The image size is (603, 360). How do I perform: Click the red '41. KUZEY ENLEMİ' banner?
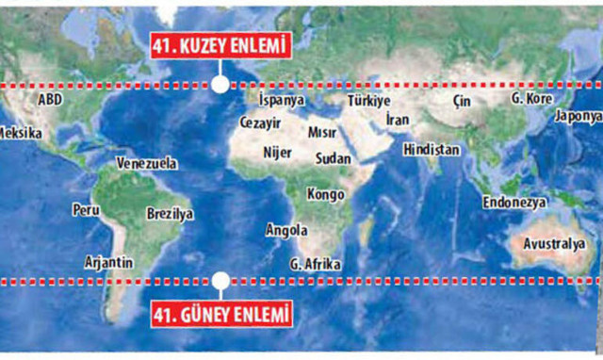(x=219, y=45)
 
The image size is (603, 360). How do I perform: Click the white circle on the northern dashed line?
(x=220, y=85)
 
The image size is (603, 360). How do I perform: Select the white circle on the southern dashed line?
(x=220, y=280)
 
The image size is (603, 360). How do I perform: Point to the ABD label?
(x=50, y=99)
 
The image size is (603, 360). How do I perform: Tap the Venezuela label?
(x=146, y=163)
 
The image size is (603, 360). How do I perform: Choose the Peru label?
(x=86, y=209)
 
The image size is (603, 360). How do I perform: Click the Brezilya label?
(x=170, y=214)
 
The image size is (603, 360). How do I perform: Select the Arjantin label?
(x=108, y=262)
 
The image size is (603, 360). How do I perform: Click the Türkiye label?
(x=368, y=100)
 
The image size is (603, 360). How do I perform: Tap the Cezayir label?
(x=261, y=123)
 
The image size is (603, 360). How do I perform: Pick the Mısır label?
(x=323, y=133)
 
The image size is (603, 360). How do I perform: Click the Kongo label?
(x=326, y=194)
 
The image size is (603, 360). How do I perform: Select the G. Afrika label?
(x=316, y=264)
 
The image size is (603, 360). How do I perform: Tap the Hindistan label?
(x=431, y=150)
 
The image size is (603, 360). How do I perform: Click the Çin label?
(x=461, y=100)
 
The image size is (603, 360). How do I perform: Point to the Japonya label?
(x=577, y=116)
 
